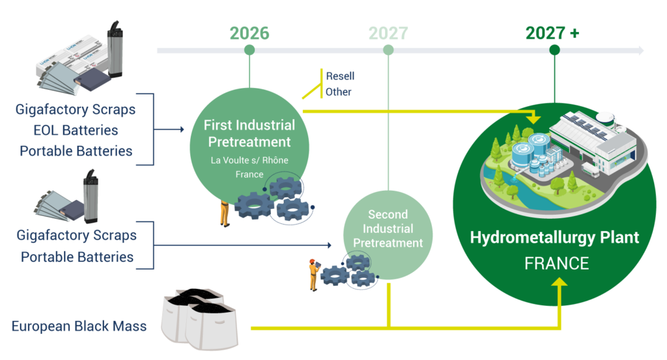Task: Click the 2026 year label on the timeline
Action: [249, 33]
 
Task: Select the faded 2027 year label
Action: [388, 33]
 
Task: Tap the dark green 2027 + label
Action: [552, 33]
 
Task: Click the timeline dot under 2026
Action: [249, 50]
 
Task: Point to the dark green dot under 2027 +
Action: [554, 50]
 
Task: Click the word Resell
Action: [340, 76]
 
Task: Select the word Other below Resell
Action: [338, 92]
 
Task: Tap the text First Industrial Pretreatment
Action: [249, 133]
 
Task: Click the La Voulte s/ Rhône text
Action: [249, 160]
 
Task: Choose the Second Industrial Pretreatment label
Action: [388, 228]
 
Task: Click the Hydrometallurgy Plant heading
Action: [554, 237]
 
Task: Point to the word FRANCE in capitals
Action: [556, 264]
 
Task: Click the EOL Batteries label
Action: [76, 130]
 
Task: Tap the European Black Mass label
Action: [79, 326]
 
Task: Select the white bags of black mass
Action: [199, 318]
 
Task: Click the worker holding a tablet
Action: [314, 275]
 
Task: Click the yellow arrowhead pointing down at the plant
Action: [533, 118]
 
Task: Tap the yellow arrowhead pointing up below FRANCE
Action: [560, 283]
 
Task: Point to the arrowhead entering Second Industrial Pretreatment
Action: [329, 245]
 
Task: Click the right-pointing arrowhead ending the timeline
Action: [641, 51]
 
